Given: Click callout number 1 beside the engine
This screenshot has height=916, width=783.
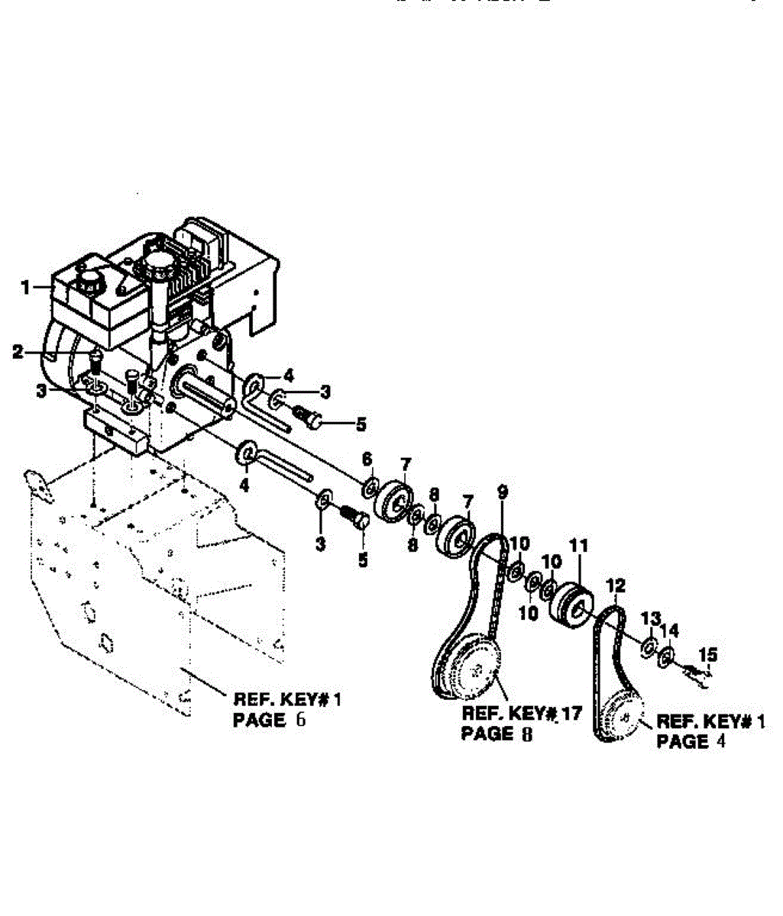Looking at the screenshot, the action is pos(25,288).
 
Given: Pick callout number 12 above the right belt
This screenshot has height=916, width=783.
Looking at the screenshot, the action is pos(616,585).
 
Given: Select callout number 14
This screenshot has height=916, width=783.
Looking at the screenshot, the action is pos(669,630).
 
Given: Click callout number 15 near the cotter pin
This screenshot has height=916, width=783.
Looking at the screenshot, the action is pos(708,653).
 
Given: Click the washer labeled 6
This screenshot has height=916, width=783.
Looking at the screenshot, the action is pos(368,486).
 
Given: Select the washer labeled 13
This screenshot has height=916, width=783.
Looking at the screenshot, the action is pos(648,647).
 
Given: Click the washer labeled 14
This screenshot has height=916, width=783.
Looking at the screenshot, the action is pos(666,655).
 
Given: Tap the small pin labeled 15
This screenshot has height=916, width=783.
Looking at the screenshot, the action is pos(697,672).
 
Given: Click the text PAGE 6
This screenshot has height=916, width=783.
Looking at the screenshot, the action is pos(269,719).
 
